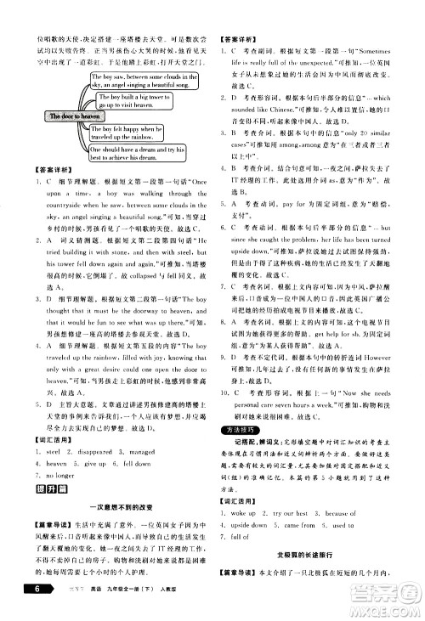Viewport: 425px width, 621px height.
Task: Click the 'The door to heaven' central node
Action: (x=50, y=116)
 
